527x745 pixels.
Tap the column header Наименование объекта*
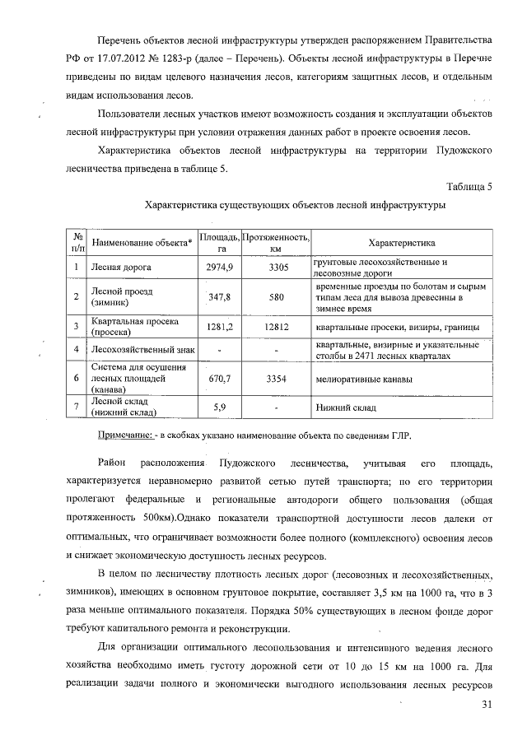142,243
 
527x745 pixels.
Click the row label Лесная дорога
121,268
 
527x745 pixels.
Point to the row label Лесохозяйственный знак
142,350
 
